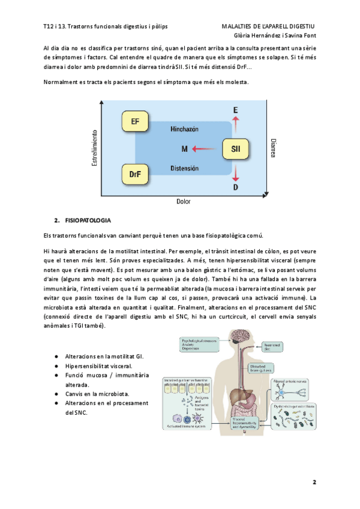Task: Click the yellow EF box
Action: tap(136, 122)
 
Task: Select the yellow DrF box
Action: tap(136, 175)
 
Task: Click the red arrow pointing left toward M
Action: tap(207, 148)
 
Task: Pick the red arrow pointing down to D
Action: tap(235, 173)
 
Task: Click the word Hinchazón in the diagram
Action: tap(184, 129)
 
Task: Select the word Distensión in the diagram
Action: tap(184, 168)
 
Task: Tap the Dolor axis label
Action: tap(183, 202)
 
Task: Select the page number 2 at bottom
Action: tap(314, 483)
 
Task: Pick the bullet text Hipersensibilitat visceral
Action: tap(98, 366)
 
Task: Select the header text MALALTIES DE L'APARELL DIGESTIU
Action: tap(268, 27)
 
